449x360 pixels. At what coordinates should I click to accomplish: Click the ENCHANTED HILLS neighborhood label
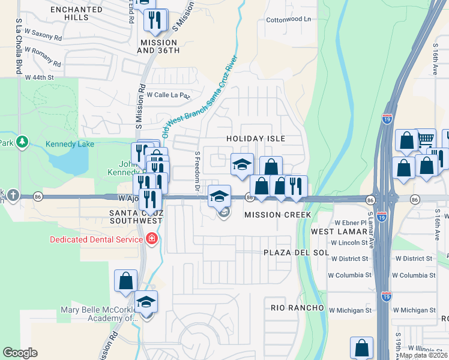[76, 13]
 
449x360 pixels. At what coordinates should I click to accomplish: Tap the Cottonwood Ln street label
[289, 19]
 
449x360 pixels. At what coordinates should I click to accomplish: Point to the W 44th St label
[39, 77]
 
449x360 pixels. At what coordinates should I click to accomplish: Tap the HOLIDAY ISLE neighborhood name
[255, 139]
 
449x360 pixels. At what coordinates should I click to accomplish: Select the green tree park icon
[22, 142]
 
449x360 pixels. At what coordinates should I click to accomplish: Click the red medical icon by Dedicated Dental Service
[152, 239]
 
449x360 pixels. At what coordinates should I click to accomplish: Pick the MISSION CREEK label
[277, 214]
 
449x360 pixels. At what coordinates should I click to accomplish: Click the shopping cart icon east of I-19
[426, 139]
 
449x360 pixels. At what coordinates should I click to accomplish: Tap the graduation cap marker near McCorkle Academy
[145, 302]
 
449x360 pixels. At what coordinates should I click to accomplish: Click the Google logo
[20, 353]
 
